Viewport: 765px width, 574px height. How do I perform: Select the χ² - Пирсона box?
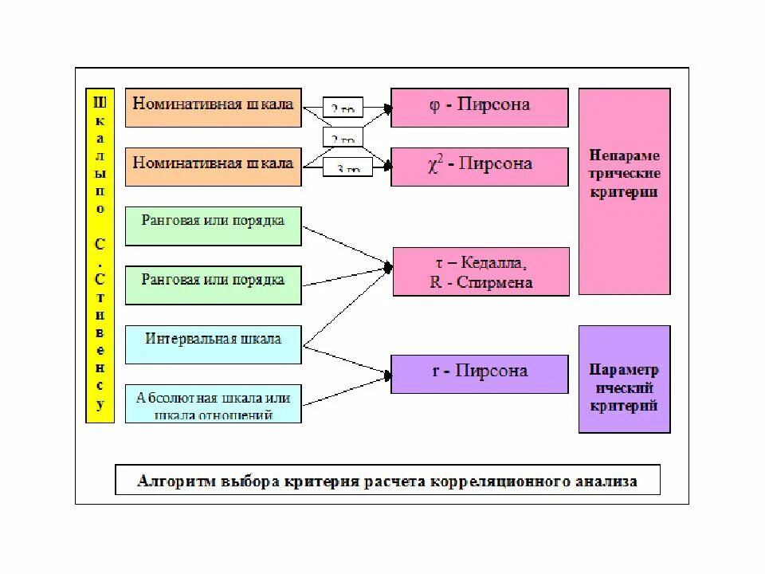[x=479, y=166]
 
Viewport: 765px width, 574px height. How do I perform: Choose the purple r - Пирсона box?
[x=479, y=372]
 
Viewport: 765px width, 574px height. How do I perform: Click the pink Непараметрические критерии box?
[x=624, y=191]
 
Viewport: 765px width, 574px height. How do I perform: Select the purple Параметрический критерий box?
[x=624, y=379]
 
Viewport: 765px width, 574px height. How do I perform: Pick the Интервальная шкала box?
[x=213, y=344]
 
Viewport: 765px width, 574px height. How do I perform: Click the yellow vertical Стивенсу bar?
[x=100, y=255]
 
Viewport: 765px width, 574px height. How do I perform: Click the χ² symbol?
[x=435, y=164]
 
